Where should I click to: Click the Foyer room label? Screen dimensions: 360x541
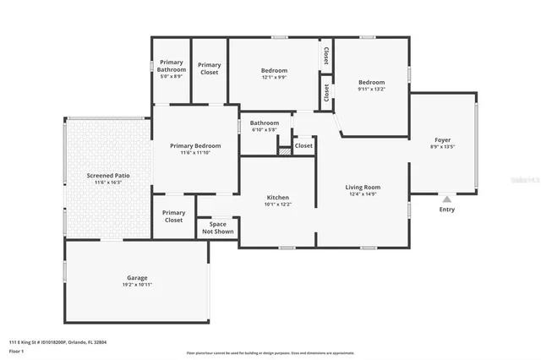coord(442,139)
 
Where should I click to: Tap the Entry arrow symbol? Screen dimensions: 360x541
coord(446,199)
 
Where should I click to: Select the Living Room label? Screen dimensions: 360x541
coord(362,187)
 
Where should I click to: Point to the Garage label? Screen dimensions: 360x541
coord(137,277)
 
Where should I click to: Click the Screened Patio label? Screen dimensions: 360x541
coord(107,175)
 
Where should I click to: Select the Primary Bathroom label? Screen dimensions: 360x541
coord(172,66)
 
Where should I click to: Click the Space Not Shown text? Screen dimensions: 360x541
coord(217,227)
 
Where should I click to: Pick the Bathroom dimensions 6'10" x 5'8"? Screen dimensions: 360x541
coord(264,129)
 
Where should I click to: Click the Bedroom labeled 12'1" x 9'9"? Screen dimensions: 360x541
coord(274,70)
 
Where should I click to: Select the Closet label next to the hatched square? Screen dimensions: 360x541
coord(303,145)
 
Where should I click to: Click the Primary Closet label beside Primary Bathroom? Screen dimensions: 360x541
coord(210,68)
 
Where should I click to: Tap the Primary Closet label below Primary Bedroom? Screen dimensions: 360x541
coord(173,216)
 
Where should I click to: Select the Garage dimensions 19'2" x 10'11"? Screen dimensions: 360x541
coord(137,285)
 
